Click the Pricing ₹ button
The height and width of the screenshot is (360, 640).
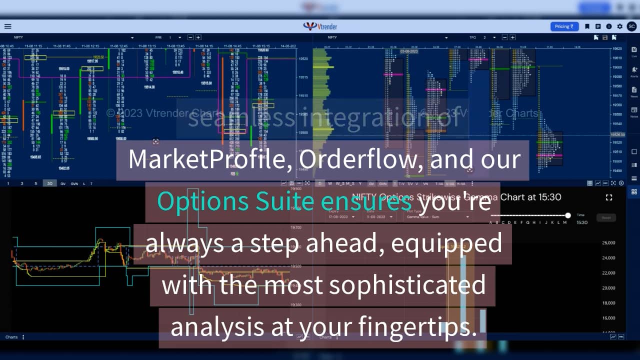pyautogui.click(x=564, y=26)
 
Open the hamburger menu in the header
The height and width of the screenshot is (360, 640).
pyautogui.click(x=7, y=26)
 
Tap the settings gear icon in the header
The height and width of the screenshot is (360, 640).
pyautogui.click(x=620, y=26)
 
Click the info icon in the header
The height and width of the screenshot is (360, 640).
pyautogui.click(x=609, y=26)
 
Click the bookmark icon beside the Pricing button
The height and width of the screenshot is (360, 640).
pyautogui.click(x=587, y=26)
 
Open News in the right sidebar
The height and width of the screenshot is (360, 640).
pyautogui.click(x=634, y=91)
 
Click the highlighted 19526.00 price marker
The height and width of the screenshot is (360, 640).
pyautogui.click(x=618, y=135)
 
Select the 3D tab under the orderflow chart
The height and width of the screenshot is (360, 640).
pyautogui.click(x=50, y=183)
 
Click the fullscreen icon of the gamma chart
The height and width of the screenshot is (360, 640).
pyautogui.click(x=609, y=197)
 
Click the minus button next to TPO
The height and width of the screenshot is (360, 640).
pyautogui.click(x=505, y=37)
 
